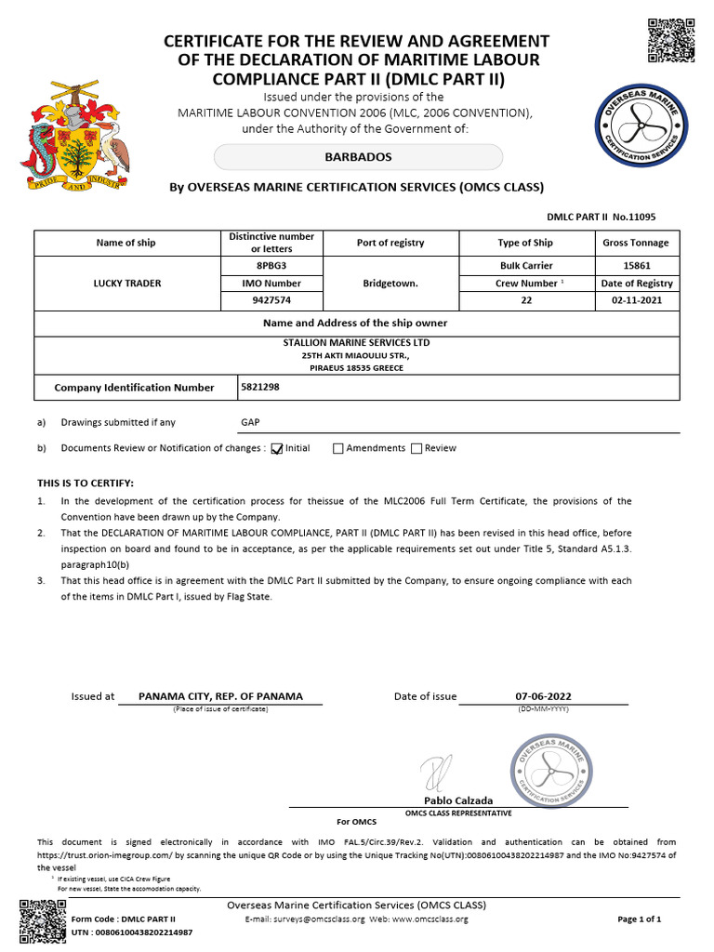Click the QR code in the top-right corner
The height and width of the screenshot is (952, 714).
click(670, 40)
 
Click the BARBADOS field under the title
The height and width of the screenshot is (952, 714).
click(358, 157)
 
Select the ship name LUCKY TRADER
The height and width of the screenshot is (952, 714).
click(126, 283)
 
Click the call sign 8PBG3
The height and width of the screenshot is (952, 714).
click(271, 265)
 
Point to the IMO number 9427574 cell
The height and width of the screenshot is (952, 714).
click(271, 300)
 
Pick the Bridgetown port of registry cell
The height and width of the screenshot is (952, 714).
click(390, 283)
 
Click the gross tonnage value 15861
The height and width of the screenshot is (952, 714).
click(636, 265)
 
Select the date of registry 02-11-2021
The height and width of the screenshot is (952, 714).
click(636, 300)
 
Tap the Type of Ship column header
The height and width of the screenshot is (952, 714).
click(525, 243)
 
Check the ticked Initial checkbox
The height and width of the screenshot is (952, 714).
click(276, 448)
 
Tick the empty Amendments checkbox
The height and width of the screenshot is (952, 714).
click(338, 448)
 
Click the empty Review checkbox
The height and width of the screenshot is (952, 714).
click(416, 448)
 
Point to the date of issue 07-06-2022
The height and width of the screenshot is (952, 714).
click(543, 695)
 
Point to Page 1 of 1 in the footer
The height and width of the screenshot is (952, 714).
click(639, 919)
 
